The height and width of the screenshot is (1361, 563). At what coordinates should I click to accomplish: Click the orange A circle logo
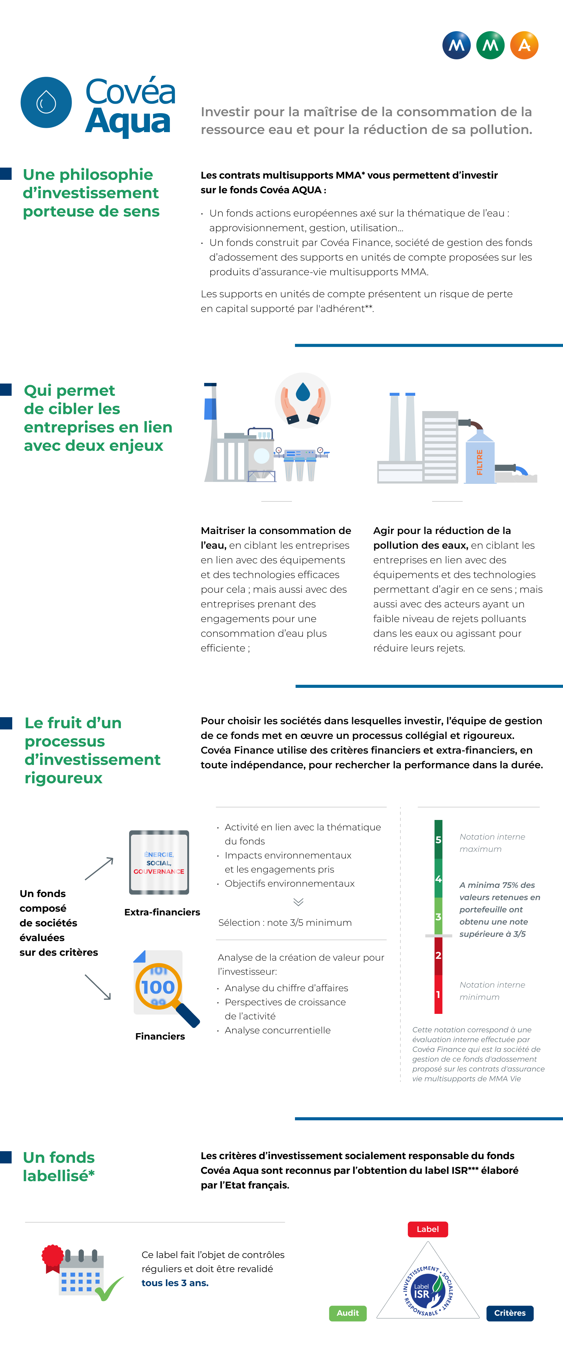(x=524, y=46)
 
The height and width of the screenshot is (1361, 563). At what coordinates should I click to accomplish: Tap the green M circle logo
(x=490, y=46)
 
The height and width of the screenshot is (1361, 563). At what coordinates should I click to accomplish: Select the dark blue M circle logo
(x=456, y=46)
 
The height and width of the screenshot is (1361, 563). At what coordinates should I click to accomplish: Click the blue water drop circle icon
(x=46, y=102)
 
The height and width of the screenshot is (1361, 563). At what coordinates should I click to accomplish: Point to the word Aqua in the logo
(x=128, y=121)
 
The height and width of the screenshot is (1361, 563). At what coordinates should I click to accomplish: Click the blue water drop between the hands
(x=303, y=392)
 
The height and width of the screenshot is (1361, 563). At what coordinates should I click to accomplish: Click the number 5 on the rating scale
(x=438, y=840)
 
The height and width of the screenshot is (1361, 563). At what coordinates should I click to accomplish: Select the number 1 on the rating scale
(x=438, y=994)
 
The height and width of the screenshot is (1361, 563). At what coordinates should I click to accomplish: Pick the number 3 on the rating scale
(x=438, y=917)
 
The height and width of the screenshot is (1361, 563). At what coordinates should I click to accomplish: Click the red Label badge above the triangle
(x=428, y=1229)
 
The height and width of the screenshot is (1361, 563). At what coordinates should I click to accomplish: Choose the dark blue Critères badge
(x=510, y=1313)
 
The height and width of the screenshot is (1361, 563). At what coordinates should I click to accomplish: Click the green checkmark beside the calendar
(x=110, y=1289)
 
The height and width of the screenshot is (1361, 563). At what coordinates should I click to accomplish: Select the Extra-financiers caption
(x=162, y=912)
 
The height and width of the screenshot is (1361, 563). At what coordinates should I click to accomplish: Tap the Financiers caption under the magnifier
(x=160, y=1036)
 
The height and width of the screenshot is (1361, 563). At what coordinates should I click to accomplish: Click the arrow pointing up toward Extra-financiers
(x=99, y=868)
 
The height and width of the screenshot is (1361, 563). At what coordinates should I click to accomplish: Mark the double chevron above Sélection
(x=298, y=901)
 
